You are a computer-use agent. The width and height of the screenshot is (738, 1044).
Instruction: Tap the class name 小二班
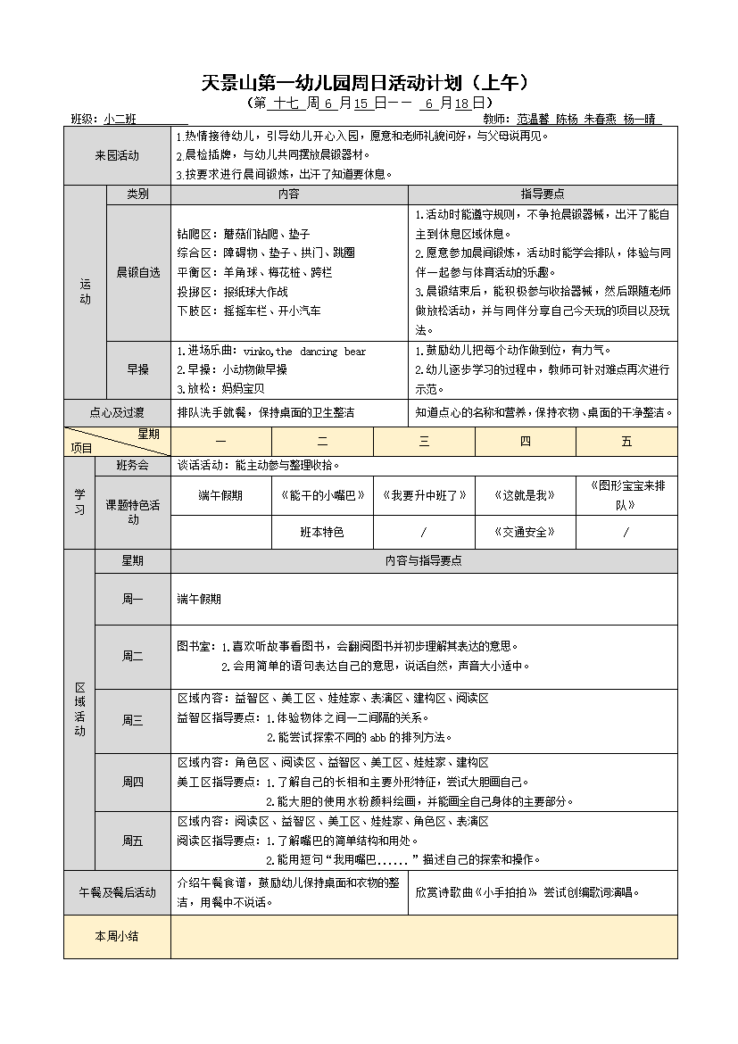point(120,119)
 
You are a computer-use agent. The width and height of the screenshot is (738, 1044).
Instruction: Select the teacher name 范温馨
point(533,119)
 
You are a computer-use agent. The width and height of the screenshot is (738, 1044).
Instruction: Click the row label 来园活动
point(117,155)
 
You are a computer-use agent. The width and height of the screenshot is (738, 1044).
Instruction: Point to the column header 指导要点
point(543,195)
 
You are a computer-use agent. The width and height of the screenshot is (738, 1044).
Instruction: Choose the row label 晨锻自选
point(137,271)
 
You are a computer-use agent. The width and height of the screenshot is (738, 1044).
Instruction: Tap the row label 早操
point(137,369)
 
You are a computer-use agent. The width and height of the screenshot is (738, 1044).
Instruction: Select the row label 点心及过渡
point(117,412)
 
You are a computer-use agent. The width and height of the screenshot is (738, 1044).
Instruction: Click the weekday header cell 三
point(424,442)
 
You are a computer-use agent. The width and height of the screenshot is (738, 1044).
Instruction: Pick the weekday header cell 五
point(626,442)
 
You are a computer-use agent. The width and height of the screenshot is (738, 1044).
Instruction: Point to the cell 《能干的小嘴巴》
point(322,495)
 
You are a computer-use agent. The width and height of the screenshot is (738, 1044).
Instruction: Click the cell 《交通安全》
point(525,532)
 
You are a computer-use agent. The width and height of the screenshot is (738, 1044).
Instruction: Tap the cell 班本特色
point(322,532)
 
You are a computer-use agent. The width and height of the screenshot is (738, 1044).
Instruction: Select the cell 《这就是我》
point(525,495)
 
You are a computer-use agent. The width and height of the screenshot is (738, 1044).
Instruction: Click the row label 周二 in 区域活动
point(132,656)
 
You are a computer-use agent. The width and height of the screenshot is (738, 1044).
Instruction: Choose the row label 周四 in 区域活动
point(132,782)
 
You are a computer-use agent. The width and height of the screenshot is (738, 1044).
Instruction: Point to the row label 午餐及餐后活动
point(117,892)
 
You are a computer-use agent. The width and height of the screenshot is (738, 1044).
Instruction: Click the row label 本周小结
point(117,936)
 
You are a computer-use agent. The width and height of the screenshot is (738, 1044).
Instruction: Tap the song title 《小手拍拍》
point(508,892)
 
